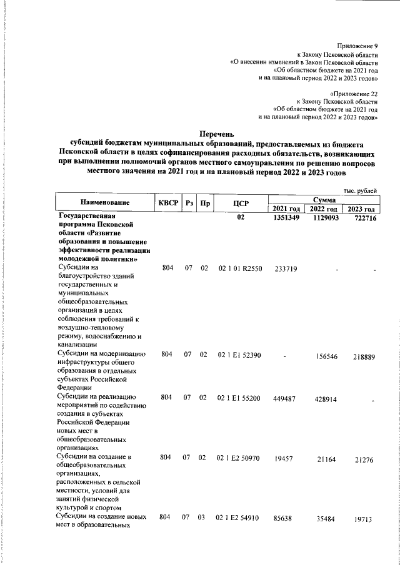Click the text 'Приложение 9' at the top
pyautogui.click(x=357, y=46)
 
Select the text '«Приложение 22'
pyautogui.click(x=354, y=92)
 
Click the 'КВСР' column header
pyautogui.click(x=168, y=203)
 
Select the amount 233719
pyautogui.click(x=285, y=268)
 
